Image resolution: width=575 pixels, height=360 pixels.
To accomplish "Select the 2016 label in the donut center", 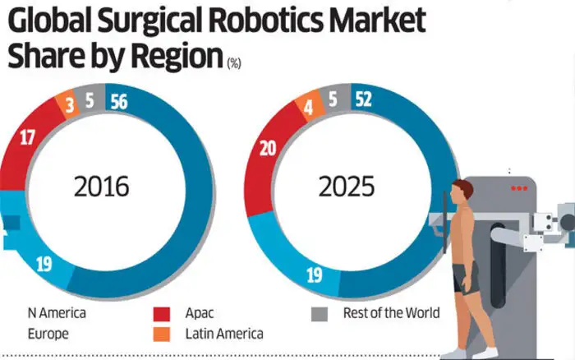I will click(101, 187).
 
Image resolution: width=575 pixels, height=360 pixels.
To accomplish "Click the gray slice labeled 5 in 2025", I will click(332, 99).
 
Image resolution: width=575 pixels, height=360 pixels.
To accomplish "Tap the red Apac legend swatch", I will click(162, 314).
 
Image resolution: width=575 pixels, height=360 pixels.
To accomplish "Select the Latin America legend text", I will click(224, 334).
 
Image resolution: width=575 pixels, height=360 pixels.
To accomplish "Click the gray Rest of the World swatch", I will click(321, 314).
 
